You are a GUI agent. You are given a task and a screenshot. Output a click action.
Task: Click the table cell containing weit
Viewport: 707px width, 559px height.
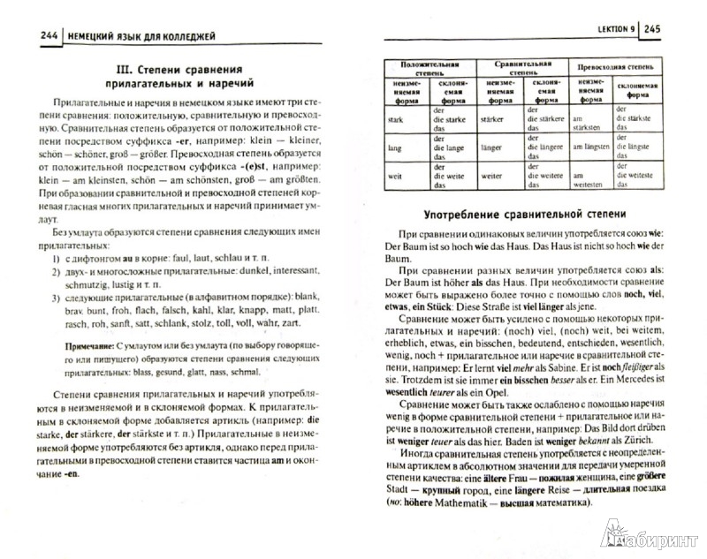coord(395,177)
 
